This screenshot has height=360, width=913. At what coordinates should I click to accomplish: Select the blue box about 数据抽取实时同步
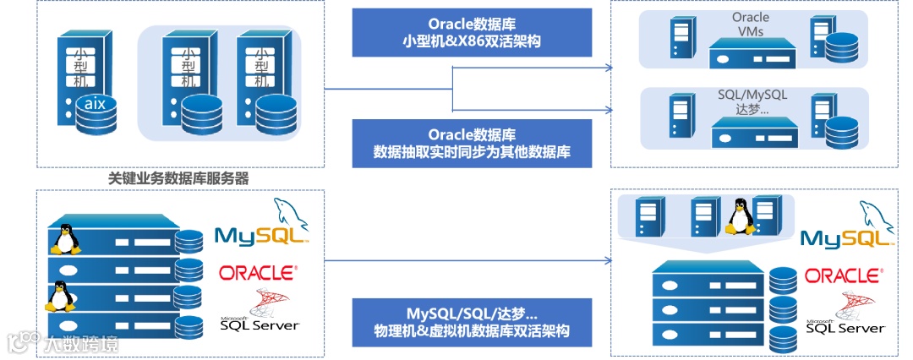coord(472,143)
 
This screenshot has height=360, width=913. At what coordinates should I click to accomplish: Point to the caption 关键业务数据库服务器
coord(179,179)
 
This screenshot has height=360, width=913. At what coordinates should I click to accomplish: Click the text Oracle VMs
coord(750,24)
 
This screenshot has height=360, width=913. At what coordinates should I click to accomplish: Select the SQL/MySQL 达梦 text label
coord(752,102)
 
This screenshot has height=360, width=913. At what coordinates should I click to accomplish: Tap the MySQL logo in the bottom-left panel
coord(261,224)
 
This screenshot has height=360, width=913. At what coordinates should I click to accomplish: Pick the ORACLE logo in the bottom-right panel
coord(842,276)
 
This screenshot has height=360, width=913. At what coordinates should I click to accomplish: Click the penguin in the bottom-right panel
coord(741,217)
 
